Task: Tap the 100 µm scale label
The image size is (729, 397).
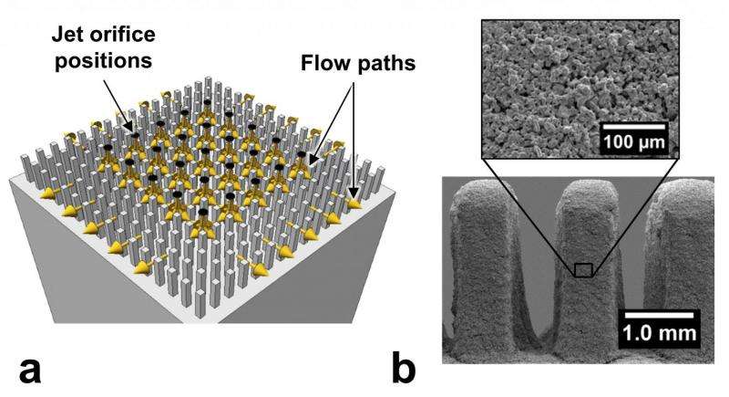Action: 633,142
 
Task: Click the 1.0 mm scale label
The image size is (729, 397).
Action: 661,333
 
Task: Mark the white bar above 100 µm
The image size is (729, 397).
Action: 633,123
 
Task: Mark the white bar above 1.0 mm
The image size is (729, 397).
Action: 661,314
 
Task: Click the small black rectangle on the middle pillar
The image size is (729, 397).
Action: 583,269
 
